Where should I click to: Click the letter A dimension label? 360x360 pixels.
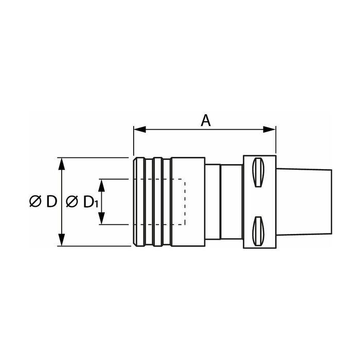206,120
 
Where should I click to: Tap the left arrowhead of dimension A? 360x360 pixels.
139,129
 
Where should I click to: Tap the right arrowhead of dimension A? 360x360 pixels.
269,129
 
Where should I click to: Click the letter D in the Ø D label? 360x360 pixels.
51,202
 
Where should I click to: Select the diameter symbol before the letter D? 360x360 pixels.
35,202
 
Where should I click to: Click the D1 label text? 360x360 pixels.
91,202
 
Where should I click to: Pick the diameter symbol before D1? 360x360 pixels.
72,202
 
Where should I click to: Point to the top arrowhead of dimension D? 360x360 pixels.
62,164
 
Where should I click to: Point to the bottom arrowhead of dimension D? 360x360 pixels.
62,240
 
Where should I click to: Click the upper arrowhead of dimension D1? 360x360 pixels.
101,185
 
